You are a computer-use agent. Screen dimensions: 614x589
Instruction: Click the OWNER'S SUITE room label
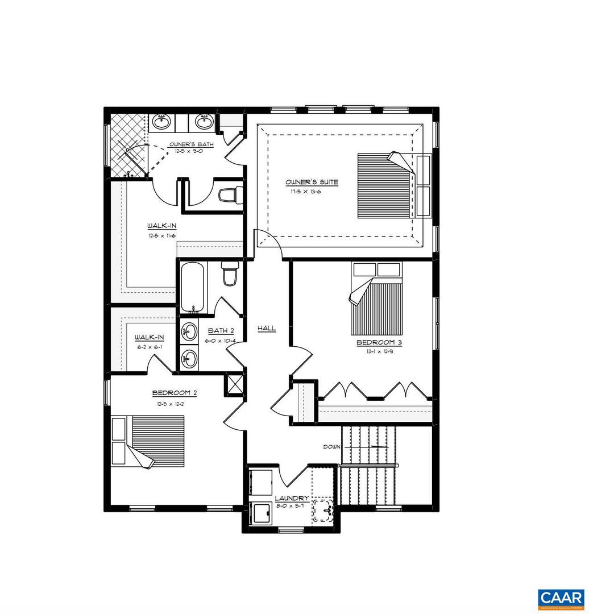point(312,182)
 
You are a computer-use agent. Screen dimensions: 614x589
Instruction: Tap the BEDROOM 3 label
point(375,343)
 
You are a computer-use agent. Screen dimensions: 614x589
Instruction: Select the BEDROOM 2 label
point(175,393)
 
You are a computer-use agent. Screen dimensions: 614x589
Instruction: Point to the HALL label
point(267,328)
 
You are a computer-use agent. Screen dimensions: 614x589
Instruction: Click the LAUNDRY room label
point(292,498)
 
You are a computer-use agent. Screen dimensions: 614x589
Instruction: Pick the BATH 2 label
point(221,330)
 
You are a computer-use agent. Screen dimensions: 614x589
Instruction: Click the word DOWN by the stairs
point(331,447)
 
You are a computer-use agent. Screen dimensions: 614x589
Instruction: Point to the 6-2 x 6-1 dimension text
point(150,347)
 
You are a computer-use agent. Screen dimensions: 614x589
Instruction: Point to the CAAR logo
point(561,598)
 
